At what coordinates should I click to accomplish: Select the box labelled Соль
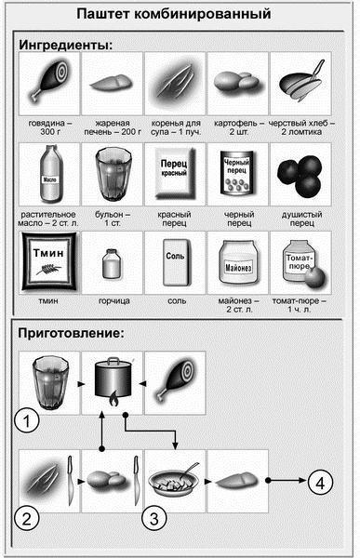click(175, 263)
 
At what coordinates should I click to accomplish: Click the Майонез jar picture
click(236, 263)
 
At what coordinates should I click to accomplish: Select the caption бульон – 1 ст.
click(112, 218)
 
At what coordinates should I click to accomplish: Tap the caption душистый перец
click(300, 218)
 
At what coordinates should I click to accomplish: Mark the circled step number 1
click(31, 422)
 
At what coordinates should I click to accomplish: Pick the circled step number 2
click(31, 517)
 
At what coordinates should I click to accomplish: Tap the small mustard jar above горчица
click(113, 264)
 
